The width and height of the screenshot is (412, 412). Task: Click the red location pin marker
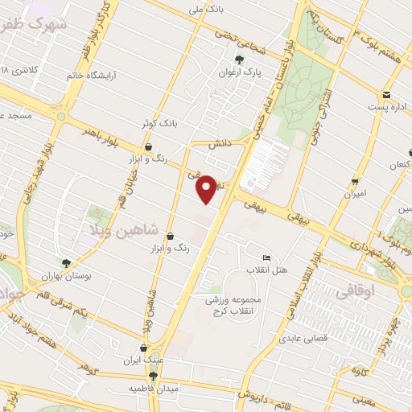[208, 188]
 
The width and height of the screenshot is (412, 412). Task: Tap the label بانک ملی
[205, 10]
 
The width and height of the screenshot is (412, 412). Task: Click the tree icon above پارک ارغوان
[239, 59]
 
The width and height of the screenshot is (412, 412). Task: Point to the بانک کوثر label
[158, 122]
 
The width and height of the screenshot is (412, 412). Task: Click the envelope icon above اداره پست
[387, 93]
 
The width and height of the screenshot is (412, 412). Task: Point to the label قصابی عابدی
[300, 340]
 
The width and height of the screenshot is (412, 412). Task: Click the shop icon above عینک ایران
[144, 348]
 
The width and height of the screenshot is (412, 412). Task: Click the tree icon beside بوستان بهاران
[66, 262]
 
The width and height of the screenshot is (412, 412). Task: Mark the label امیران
[355, 194]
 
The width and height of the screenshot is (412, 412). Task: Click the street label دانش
[220, 145]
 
